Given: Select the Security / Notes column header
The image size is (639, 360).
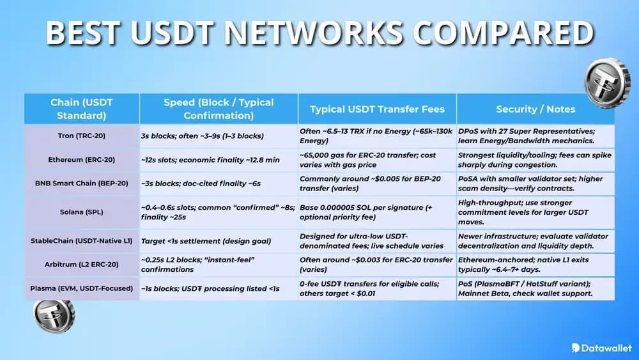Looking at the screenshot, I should [535, 109].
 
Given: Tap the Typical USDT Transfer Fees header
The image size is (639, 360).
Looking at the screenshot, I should [377, 109].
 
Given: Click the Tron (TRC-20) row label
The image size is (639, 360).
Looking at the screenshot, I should [82, 136].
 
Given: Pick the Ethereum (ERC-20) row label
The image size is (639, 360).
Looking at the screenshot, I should [82, 159].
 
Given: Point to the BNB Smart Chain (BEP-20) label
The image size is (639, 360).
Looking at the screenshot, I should [82, 183].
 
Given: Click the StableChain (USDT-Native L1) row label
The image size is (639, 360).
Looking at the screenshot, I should [82, 241].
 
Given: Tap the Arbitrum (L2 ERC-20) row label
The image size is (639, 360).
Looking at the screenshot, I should [82, 265].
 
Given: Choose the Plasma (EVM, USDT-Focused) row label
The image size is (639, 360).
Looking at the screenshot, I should [82, 288].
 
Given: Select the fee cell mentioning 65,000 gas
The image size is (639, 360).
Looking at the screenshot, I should [377, 159].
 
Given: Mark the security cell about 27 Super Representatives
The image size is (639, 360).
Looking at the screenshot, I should [535, 136].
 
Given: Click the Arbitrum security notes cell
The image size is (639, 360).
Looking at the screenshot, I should [535, 265].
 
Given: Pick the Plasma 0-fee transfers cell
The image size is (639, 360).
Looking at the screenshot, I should [377, 288].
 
